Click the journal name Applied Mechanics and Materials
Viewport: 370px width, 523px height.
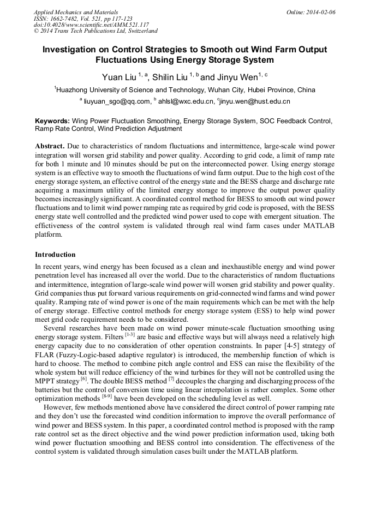(x=76, y=12)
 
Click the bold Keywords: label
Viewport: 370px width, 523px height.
(x=52, y=121)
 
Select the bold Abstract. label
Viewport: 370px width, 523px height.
(x=50, y=147)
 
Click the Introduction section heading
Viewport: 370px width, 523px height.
(x=55, y=254)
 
